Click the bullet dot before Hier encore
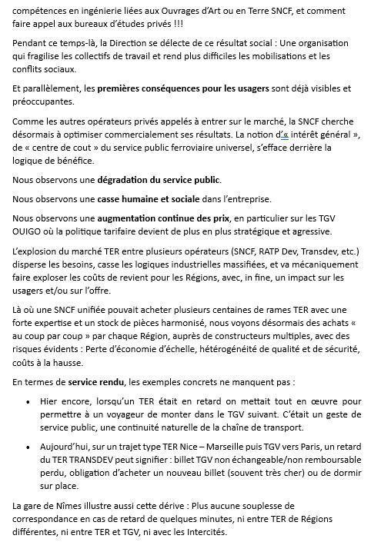pyautogui.click(x=28, y=401)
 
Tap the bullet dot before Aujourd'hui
pyautogui.click(x=28, y=447)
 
